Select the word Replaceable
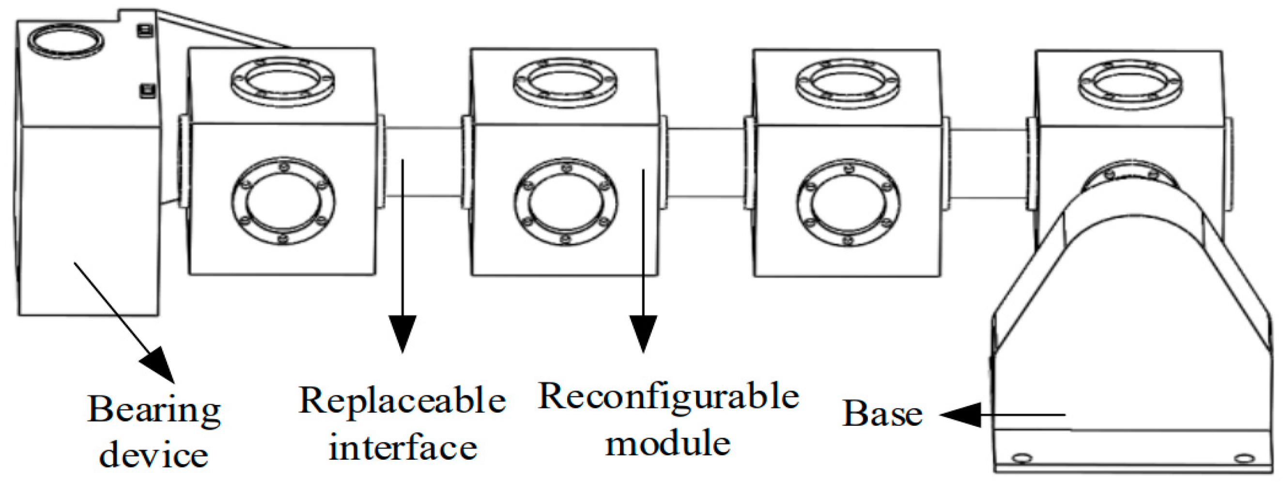[x=402, y=401]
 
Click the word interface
[x=403, y=447]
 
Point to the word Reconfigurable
[x=668, y=397]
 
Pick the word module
[x=668, y=443]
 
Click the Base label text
[x=882, y=414]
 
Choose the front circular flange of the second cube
[x=565, y=202]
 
